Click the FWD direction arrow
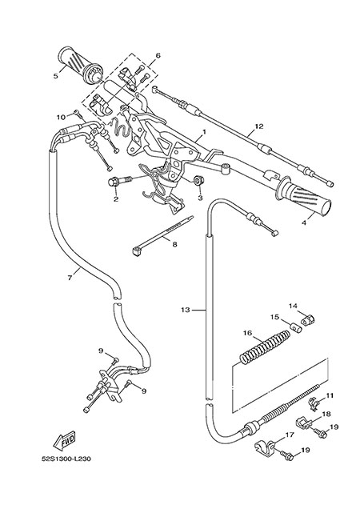point(64,441)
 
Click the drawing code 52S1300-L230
point(66,459)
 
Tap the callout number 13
point(186,310)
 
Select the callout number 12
point(259,126)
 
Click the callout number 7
point(70,278)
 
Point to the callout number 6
point(158,55)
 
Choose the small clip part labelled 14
point(307,320)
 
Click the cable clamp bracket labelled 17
point(266,446)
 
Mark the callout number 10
point(62,117)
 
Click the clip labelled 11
point(313,404)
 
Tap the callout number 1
point(205,132)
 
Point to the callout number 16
point(247,333)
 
